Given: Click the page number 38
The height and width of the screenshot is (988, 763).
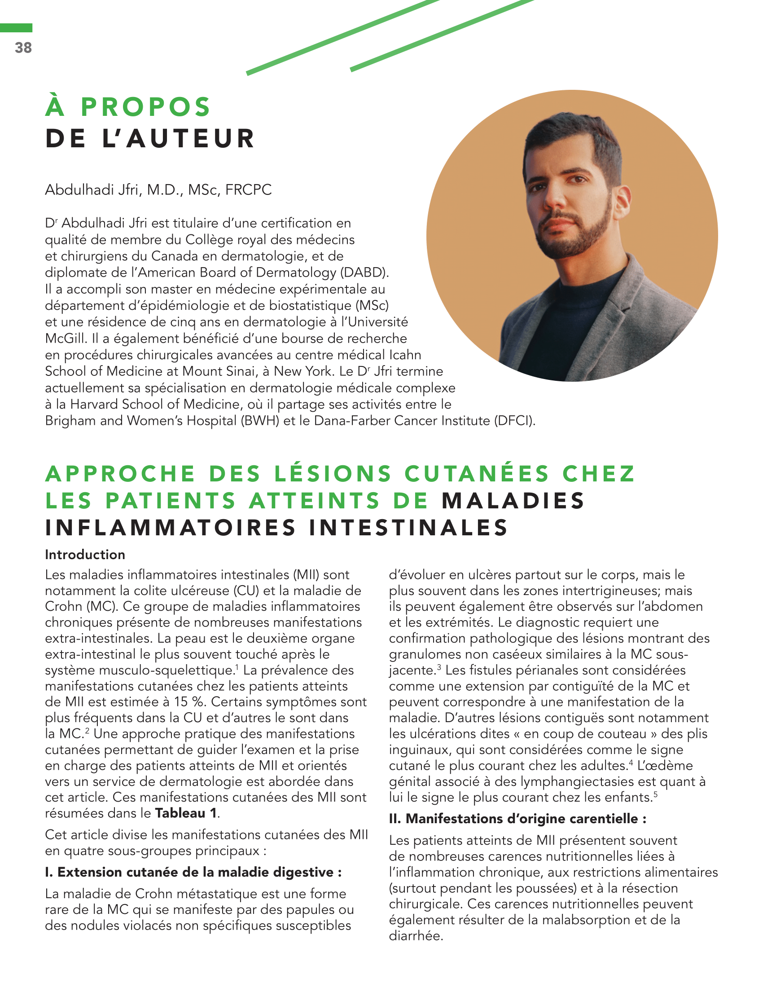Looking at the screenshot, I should pos(23,48).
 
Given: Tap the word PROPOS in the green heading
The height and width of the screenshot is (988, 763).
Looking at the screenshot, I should pos(145,107).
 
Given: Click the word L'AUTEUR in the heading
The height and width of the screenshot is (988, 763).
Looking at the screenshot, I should pos(179,138).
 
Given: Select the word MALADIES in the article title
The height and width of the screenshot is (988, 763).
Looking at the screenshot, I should pos(513,501).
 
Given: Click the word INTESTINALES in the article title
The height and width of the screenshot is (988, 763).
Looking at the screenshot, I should pos(408,528).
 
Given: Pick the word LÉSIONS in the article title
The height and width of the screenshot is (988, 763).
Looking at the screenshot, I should pos(333,474).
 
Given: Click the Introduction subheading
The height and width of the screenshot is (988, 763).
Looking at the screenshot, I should pos(85,555).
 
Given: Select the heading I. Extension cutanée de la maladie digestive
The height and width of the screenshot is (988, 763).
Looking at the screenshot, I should pos(193,872).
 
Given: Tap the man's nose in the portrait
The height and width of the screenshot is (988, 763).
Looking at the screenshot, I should pos(554,199).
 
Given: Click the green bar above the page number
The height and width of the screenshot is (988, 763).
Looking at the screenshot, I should pos(16,28).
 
